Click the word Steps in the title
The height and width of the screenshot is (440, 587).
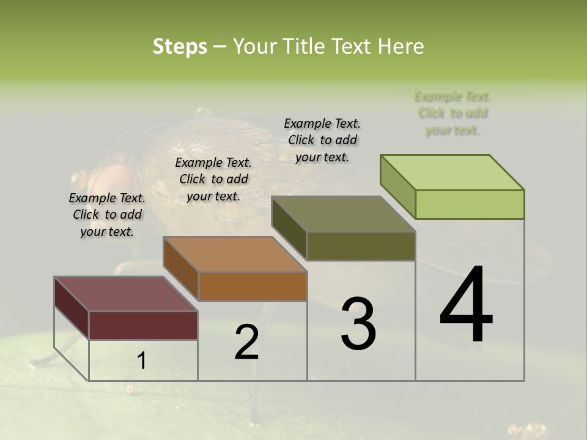click(180, 46)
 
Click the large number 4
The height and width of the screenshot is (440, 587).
click(467, 306)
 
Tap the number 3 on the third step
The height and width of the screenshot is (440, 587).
click(358, 323)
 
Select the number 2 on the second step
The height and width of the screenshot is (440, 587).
click(247, 342)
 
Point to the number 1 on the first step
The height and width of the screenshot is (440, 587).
click(142, 361)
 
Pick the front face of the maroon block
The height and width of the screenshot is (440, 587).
click(143, 325)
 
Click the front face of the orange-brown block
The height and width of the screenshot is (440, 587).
click(253, 286)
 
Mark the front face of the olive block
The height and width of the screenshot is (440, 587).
click(361, 246)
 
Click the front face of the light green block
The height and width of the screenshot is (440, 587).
click(470, 204)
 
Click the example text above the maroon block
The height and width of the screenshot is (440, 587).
click(107, 215)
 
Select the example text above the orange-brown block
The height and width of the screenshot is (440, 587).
click(213, 179)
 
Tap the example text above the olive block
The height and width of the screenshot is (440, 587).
click(322, 140)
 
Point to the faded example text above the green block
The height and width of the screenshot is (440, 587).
click(452, 113)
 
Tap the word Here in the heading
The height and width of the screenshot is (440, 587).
click(401, 46)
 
